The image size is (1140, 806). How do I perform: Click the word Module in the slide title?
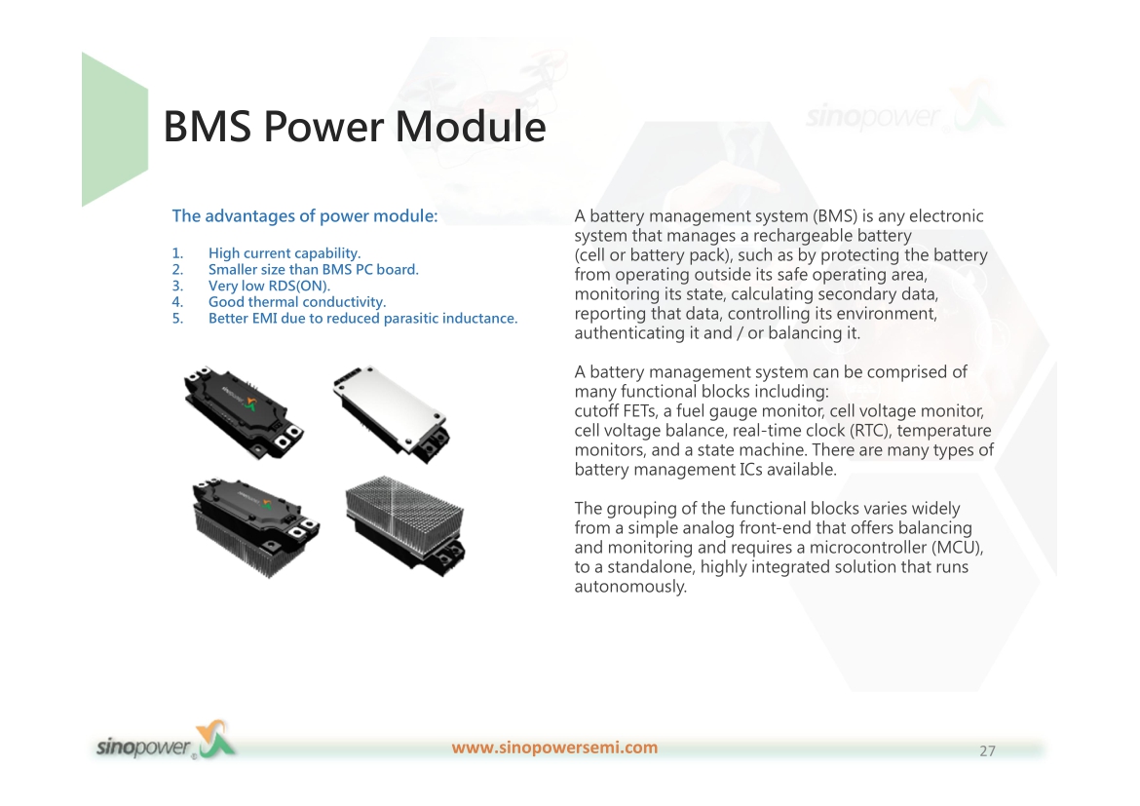pos(471,126)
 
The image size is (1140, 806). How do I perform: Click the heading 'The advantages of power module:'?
pos(305,216)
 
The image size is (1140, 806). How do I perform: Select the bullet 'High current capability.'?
pos(285,253)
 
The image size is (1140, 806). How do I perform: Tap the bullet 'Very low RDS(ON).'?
pos(269,286)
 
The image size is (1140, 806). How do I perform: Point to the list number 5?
pos(177,319)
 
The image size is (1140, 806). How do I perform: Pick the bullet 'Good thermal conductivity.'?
pos(296,302)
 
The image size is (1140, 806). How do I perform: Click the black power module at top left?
pos(244,411)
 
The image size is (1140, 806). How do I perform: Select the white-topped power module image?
pos(391,412)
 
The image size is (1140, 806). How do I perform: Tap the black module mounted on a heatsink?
pos(255,526)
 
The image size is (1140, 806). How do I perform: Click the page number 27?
pos(987,750)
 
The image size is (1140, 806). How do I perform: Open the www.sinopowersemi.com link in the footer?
pos(554,748)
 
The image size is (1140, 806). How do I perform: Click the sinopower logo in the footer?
pos(166,742)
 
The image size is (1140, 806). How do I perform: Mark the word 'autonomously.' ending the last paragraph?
pos(630,587)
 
